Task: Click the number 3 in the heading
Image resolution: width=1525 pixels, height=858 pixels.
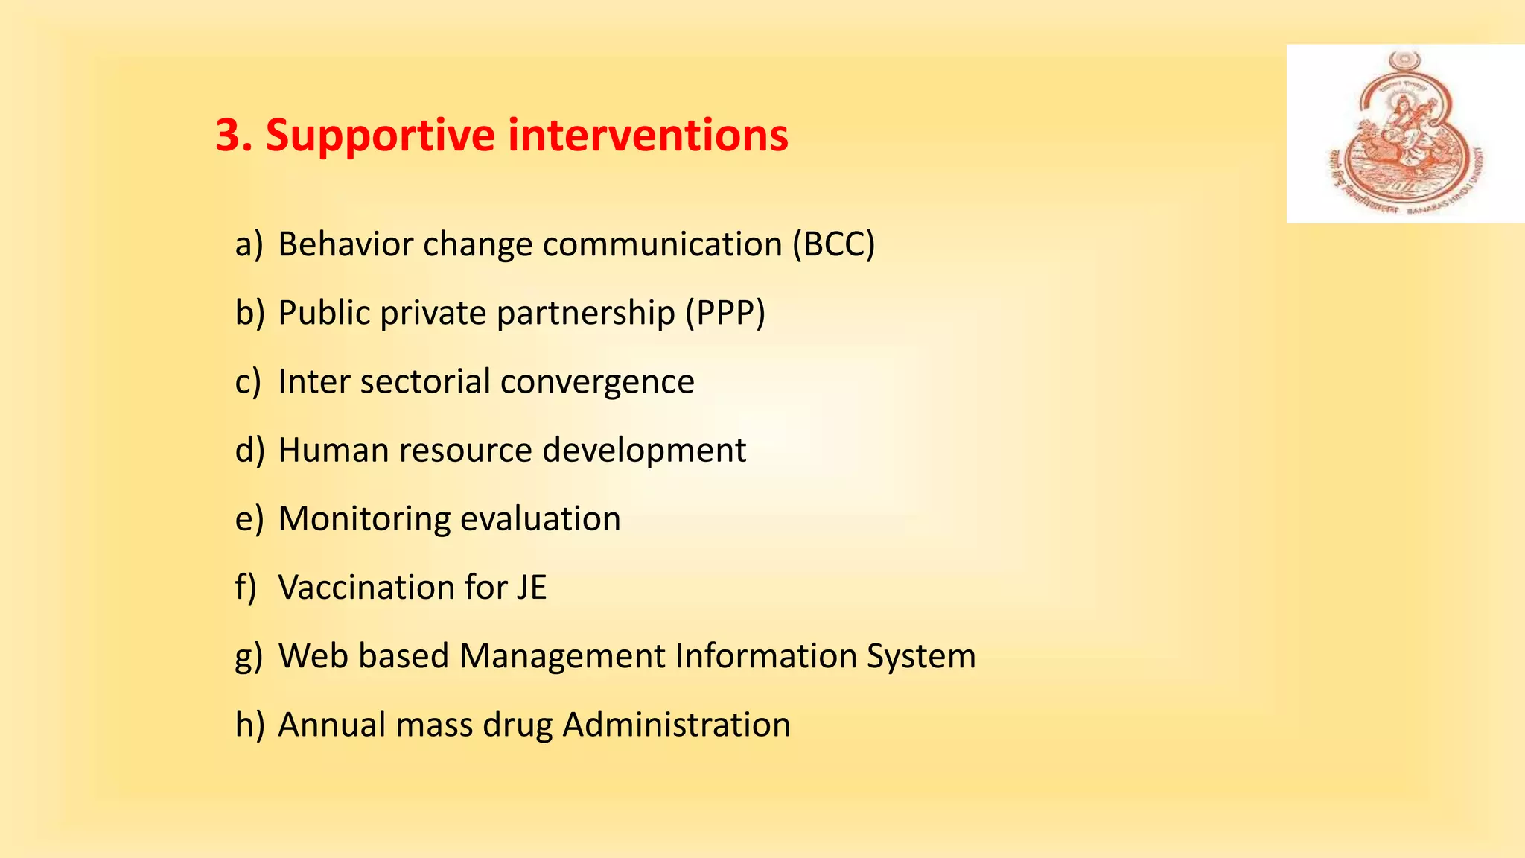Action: (229, 136)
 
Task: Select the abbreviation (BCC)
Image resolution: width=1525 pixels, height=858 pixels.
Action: (833, 244)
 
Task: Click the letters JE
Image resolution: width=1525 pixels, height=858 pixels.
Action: (532, 587)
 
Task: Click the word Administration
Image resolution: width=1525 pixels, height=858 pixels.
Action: (676, 724)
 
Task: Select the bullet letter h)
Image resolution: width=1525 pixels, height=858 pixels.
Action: (249, 724)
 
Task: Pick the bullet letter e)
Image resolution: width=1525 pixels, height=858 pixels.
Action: (249, 518)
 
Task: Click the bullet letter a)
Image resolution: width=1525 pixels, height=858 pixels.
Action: (249, 244)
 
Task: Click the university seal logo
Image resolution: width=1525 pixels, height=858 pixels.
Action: (1404, 134)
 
